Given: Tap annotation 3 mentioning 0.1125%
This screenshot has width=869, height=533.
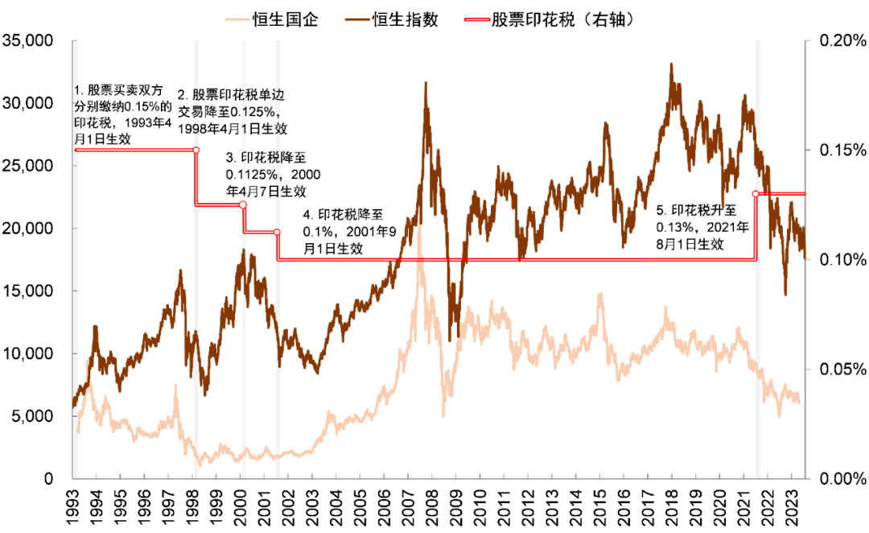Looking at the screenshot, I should (266, 175).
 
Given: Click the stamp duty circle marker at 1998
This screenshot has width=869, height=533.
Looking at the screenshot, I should (196, 150).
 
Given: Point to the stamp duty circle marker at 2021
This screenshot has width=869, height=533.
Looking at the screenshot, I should (756, 194).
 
